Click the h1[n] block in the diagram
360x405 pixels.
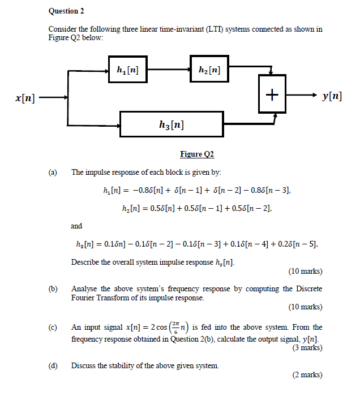pyautogui.click(x=127, y=71)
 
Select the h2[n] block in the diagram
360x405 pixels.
pyautogui.click(x=209, y=71)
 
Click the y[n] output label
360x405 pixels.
pyautogui.click(x=332, y=96)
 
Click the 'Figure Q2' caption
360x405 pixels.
pyautogui.click(x=197, y=154)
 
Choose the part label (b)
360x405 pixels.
pyautogui.click(x=53, y=288)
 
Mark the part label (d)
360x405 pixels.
pyautogui.click(x=53, y=365)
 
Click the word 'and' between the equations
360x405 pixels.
pyautogui.click(x=76, y=226)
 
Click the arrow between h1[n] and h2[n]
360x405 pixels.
pyautogui.click(x=168, y=71)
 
